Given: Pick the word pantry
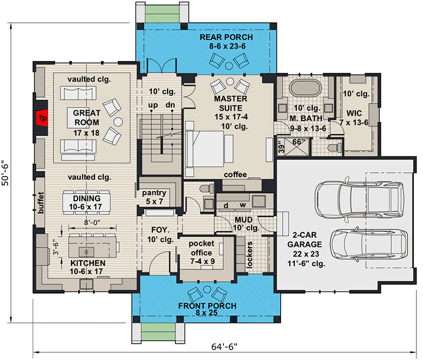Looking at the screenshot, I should tap(153, 193).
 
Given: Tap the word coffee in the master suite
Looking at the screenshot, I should tap(235, 175).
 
